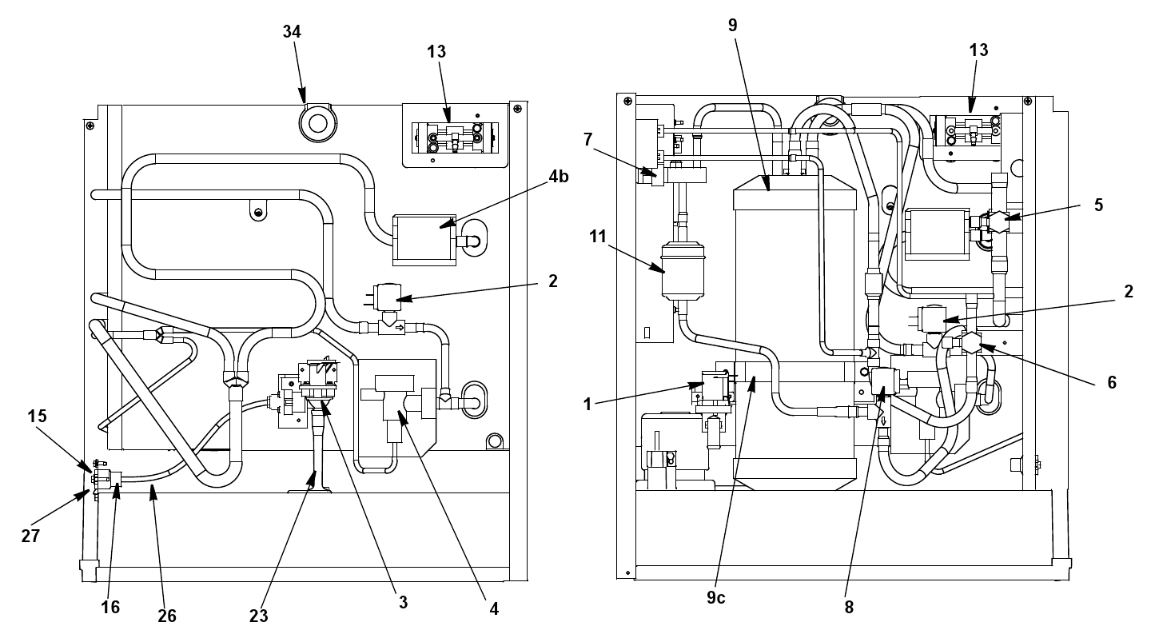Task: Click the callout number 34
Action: pyautogui.click(x=291, y=32)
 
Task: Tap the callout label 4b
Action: pyautogui.click(x=559, y=177)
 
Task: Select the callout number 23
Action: pyautogui.click(x=258, y=616)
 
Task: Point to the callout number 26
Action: pyautogui.click(x=167, y=616)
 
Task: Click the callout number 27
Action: pyautogui.click(x=30, y=536)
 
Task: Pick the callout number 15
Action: pyautogui.click(x=37, y=416)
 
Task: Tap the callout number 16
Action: pyautogui.click(x=110, y=607)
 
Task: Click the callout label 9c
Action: pyautogui.click(x=715, y=597)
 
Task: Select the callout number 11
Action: pyautogui.click(x=598, y=237)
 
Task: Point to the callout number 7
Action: pyautogui.click(x=588, y=139)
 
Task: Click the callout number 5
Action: pyautogui.click(x=1098, y=205)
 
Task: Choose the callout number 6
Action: pyautogui.click(x=1111, y=382)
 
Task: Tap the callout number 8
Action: pyautogui.click(x=849, y=607)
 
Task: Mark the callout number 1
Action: pyautogui.click(x=587, y=405)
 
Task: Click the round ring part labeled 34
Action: pyautogui.click(x=318, y=122)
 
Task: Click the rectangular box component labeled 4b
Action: pyautogui.click(x=424, y=240)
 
